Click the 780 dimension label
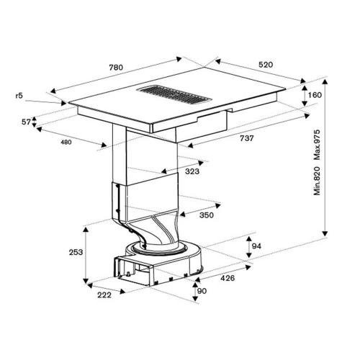[x=116, y=68]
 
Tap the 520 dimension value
[x=266, y=65]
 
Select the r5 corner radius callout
[x=19, y=96]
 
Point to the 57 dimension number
[x=26, y=122]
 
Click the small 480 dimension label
[x=66, y=143]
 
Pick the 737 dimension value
[x=247, y=138]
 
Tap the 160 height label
[x=315, y=95]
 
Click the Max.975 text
[x=317, y=145]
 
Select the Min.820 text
[x=317, y=181]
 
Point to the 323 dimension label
[x=192, y=171]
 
